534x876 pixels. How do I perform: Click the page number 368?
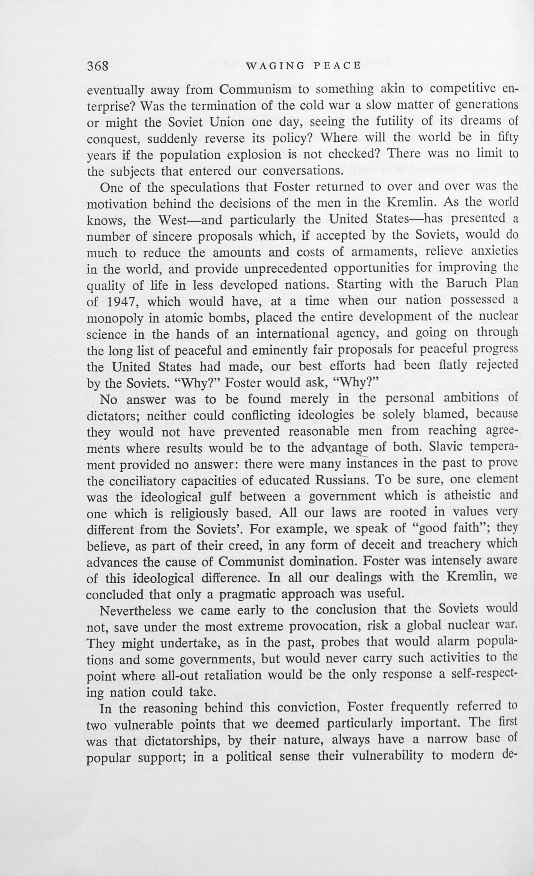point(98,66)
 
